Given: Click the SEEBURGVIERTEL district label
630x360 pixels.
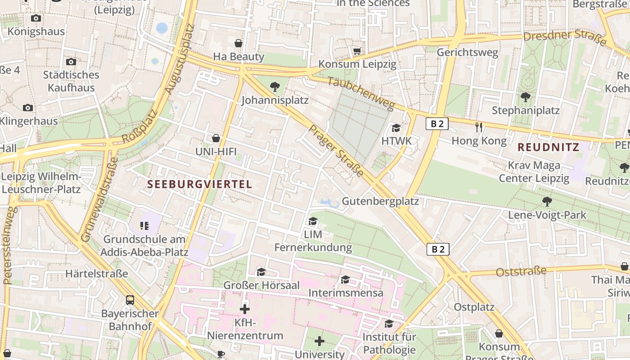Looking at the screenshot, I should coord(199,184).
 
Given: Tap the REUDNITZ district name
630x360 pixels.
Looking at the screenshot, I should coord(548,147).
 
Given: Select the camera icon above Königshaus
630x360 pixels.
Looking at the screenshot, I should coord(36,18).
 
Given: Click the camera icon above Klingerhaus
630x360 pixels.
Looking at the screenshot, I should coord(28,108).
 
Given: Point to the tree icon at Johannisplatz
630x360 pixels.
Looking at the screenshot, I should coord(274,87).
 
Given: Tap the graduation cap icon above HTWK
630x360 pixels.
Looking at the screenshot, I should coord(396,128).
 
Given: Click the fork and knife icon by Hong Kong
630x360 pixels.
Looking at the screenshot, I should coord(479,127).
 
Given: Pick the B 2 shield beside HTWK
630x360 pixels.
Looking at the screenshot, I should coord(437,124).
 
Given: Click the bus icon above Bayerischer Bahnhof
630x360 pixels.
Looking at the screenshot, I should coord(130,300).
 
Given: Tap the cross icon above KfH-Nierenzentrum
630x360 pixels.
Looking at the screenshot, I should coord(245,309).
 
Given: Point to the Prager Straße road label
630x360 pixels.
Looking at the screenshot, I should coord(336,151).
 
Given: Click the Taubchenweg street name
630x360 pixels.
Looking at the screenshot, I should coord(360,93).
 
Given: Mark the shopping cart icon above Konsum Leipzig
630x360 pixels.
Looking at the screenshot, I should coord(357,51).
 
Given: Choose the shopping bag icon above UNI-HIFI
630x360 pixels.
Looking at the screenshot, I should coord(216,138).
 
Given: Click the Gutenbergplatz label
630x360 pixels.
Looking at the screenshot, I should coord(380,201).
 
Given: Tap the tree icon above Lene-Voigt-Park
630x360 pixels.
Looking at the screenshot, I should coord(547,201).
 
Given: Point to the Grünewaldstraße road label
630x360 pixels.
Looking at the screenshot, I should coord(98,199).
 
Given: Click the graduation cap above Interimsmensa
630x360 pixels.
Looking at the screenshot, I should coord(345,280).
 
